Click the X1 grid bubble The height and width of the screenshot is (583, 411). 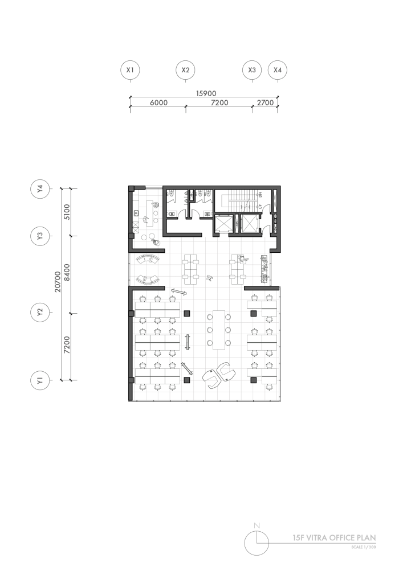pyautogui.click(x=130, y=70)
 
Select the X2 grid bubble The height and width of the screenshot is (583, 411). pyautogui.click(x=185, y=70)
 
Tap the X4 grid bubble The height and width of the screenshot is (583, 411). pyautogui.click(x=278, y=70)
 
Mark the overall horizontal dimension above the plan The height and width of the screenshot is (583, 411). pyautogui.click(x=205, y=93)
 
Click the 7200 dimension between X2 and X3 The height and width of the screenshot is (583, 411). pyautogui.click(x=219, y=103)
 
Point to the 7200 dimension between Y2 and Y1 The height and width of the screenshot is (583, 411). pyautogui.click(x=67, y=345)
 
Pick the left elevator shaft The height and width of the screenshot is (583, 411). pyautogui.click(x=223, y=224)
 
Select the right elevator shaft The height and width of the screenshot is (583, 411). pyautogui.click(x=250, y=224)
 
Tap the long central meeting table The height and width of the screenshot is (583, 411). pyautogui.click(x=217, y=329)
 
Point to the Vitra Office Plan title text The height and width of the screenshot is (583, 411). pyautogui.click(x=334, y=537)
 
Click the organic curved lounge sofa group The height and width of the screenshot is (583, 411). pyautogui.click(x=219, y=374)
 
